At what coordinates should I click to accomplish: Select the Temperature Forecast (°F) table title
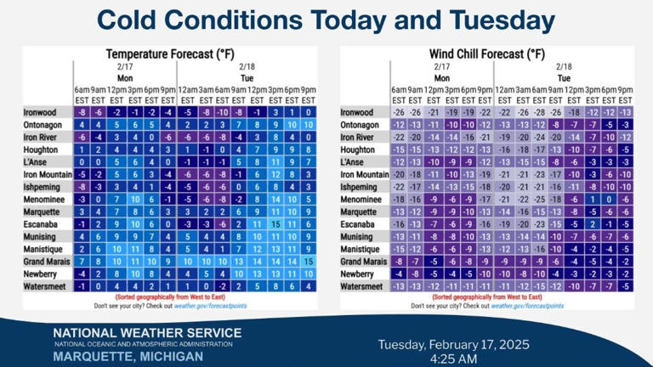(x=170, y=54)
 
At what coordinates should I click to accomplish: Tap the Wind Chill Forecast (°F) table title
(x=486, y=54)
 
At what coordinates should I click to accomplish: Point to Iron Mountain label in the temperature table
(x=46, y=174)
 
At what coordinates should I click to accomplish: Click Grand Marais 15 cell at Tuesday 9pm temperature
(x=308, y=262)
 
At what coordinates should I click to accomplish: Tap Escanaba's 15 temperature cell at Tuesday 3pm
(x=275, y=224)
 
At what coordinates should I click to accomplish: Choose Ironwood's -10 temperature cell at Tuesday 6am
(x=221, y=112)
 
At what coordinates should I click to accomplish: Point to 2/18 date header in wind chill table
(x=563, y=65)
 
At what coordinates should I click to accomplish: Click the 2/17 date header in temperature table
(x=124, y=65)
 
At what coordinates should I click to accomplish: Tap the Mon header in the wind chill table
(x=441, y=76)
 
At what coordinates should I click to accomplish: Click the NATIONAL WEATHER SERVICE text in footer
(x=147, y=332)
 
